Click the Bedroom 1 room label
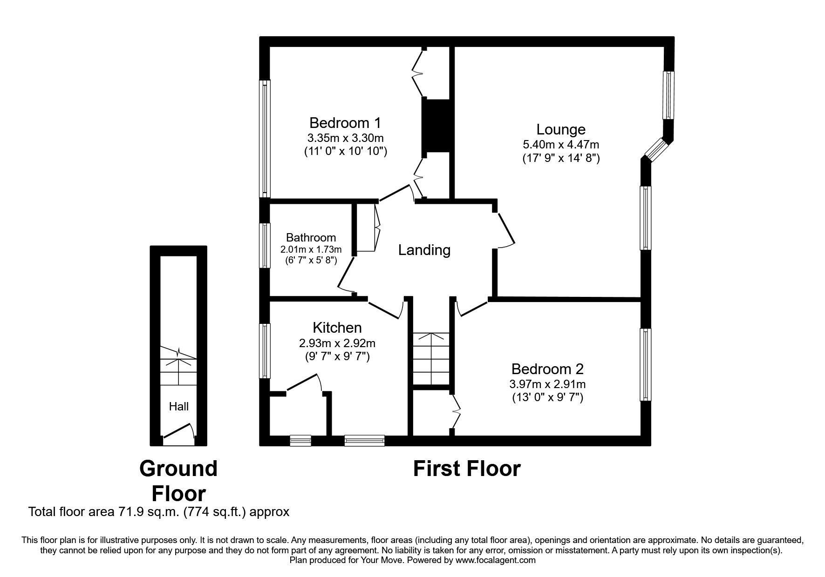coord(345,123)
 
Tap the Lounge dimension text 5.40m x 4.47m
coord(560,145)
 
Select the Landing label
coord(424,250)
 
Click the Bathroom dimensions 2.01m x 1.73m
coord(311,249)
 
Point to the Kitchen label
coord(337,328)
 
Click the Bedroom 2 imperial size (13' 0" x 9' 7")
coord(547,397)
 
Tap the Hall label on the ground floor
coord(178,407)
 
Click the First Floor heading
coord(466,469)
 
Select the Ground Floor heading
coord(178,481)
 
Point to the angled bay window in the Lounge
coord(657,148)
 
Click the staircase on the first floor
coord(431,358)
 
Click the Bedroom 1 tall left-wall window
coord(265,138)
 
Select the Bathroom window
coord(265,245)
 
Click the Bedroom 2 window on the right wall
coord(645,364)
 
